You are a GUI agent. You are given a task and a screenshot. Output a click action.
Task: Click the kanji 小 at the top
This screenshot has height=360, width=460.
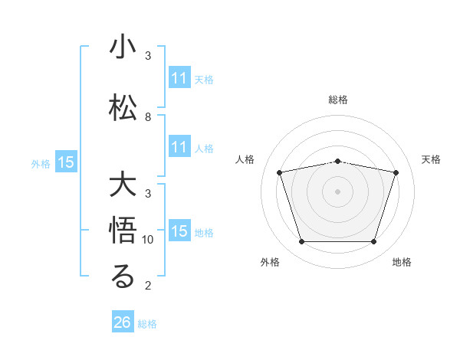pyautogui.click(x=123, y=48)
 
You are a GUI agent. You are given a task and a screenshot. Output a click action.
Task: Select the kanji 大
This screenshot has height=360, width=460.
pyautogui.click(x=123, y=186)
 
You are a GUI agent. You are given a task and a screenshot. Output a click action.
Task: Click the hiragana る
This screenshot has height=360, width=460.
pyautogui.click(x=123, y=277)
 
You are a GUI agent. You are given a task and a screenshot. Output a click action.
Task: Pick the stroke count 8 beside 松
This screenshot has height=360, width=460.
pyautogui.click(x=147, y=117)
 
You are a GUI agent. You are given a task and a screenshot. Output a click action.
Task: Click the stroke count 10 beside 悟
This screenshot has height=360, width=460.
pyautogui.click(x=149, y=240)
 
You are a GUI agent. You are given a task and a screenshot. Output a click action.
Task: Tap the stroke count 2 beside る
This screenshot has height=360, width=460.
pyautogui.click(x=147, y=286)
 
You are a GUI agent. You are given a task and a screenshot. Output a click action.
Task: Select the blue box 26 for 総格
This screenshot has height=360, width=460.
pyautogui.click(x=123, y=322)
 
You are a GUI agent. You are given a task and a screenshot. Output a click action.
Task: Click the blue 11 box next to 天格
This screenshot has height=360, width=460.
pyautogui.click(x=179, y=78)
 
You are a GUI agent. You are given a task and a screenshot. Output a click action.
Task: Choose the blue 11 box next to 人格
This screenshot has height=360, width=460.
pyautogui.click(x=179, y=148)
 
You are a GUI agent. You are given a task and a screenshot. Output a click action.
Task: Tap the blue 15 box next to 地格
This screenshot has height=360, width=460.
pyautogui.click(x=179, y=231)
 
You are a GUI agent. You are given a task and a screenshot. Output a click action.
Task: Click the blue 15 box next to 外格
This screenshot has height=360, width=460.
pyautogui.click(x=66, y=162)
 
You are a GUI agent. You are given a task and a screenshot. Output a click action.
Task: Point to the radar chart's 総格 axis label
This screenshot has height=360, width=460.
pyautogui.click(x=338, y=100)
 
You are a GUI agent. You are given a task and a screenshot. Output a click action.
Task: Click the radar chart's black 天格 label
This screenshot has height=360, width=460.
pyautogui.click(x=432, y=159)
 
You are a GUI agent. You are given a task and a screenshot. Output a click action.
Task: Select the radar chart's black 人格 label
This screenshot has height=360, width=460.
pyautogui.click(x=245, y=159)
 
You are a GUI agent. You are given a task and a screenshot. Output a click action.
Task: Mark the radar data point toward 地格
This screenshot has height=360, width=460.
pyautogui.click(x=373, y=242)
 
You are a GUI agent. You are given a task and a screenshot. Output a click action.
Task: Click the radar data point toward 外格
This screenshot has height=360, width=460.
pyautogui.click(x=301, y=242)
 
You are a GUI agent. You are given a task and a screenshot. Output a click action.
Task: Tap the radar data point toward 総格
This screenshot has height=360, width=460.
pyautogui.click(x=338, y=161)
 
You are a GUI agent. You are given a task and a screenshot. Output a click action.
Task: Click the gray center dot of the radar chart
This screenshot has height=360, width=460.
pyautogui.click(x=338, y=191)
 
